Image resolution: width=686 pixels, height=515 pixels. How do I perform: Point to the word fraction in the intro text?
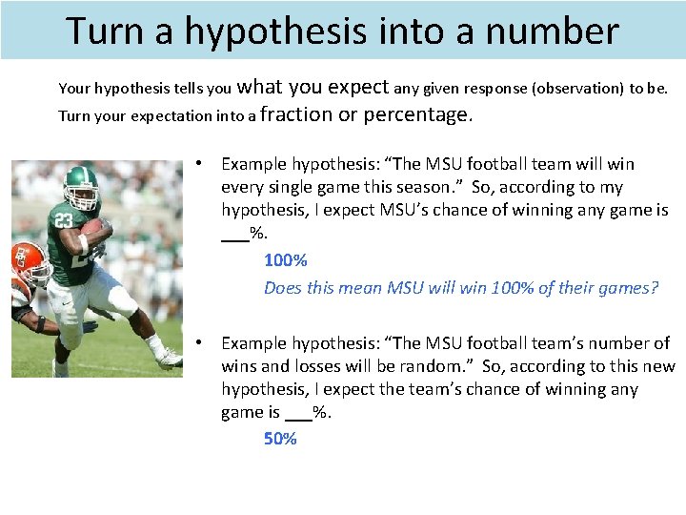click(x=296, y=115)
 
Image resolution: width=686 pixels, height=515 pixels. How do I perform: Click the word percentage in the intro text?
click(x=417, y=115)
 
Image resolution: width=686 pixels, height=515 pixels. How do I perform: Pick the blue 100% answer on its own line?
click(x=285, y=260)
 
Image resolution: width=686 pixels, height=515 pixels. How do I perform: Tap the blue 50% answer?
click(x=280, y=439)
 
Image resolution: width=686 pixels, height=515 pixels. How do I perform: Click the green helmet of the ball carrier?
click(x=80, y=184)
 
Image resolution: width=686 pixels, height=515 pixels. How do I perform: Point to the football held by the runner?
click(x=95, y=229)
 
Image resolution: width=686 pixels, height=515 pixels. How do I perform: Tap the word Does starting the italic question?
click(x=283, y=288)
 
